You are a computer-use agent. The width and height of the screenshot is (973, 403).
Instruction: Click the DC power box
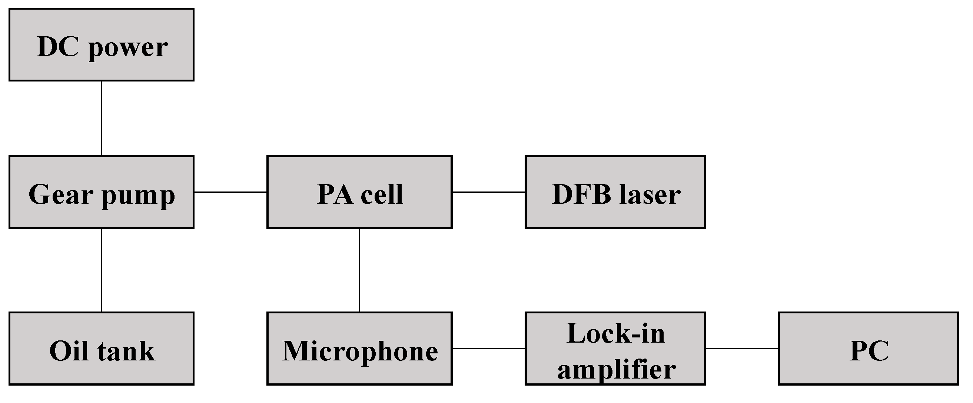(x=101, y=44)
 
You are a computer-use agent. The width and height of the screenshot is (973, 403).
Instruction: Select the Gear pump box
(x=101, y=192)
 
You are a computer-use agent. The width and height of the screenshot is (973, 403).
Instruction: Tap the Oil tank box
(x=101, y=348)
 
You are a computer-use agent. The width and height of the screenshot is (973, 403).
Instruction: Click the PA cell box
(x=359, y=192)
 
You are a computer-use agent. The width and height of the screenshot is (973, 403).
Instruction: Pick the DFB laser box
(x=615, y=192)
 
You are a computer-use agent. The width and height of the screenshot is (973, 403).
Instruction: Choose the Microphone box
(x=359, y=348)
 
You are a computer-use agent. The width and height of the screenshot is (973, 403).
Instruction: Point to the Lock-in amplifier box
(x=615, y=348)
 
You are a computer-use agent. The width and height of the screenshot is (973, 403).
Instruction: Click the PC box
(x=869, y=348)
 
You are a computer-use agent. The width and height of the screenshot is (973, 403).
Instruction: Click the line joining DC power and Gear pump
(x=101, y=118)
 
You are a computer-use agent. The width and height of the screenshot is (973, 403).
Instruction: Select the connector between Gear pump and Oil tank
(x=101, y=270)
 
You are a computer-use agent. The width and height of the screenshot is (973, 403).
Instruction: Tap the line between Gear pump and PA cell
(x=230, y=192)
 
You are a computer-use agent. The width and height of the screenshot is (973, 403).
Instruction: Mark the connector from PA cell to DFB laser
(x=488, y=192)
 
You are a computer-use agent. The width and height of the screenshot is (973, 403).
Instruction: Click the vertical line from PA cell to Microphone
(x=359, y=270)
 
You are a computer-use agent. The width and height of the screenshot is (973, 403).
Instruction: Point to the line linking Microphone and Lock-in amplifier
(x=488, y=348)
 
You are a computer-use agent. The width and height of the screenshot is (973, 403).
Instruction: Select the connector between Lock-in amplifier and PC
(x=742, y=348)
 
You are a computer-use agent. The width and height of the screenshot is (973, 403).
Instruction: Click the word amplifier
(x=617, y=369)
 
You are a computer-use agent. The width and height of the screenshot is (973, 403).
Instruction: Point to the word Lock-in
(x=616, y=334)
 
